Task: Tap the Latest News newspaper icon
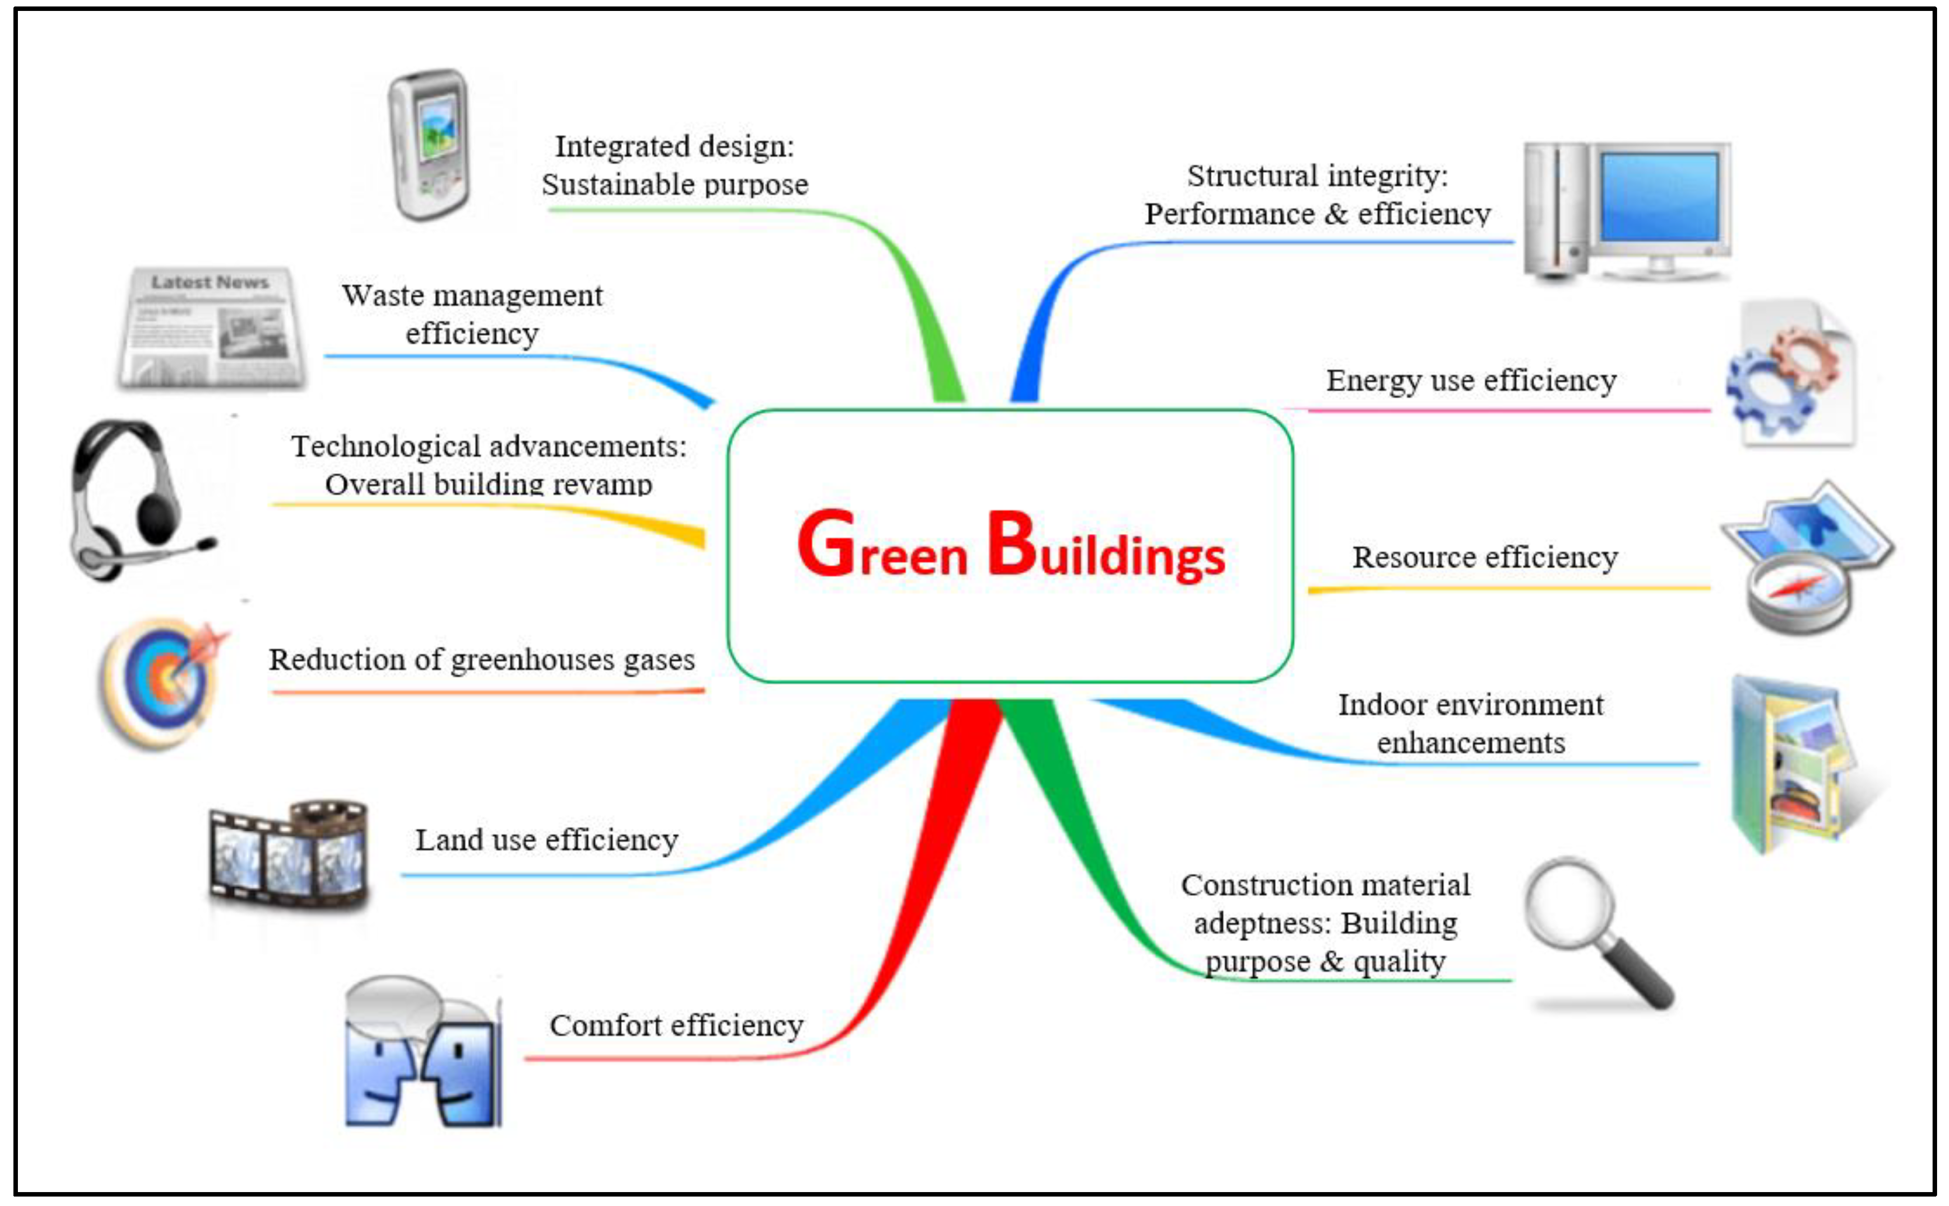(211, 329)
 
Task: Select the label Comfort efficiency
(677, 1026)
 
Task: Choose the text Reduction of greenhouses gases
(482, 660)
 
